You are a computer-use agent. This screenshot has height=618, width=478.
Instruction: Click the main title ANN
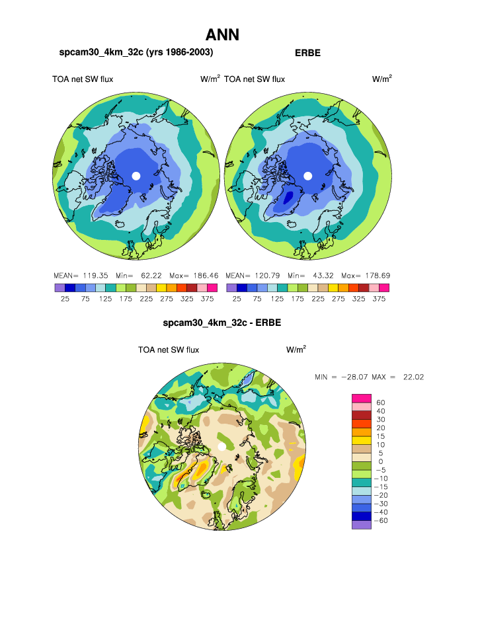click(222, 35)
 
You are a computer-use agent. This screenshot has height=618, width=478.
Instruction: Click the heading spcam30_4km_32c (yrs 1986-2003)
click(136, 52)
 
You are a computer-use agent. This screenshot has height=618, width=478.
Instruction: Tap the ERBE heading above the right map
click(307, 53)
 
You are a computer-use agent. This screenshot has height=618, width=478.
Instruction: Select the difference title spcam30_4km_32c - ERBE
click(222, 324)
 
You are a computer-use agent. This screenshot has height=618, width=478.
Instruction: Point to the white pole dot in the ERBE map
click(307, 175)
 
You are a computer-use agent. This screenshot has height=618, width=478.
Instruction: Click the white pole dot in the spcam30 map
click(136, 175)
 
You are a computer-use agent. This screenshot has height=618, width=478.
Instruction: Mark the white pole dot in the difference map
click(221, 447)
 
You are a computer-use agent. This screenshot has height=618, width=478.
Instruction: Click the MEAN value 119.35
click(95, 275)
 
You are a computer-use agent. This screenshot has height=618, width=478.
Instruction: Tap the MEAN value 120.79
click(267, 275)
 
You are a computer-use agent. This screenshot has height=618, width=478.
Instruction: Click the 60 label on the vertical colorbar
click(380, 403)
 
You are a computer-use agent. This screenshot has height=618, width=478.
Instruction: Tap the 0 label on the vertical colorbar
click(380, 461)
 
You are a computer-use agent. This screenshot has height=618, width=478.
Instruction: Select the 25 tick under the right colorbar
click(237, 299)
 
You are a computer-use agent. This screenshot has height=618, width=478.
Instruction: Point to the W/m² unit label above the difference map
click(296, 350)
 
